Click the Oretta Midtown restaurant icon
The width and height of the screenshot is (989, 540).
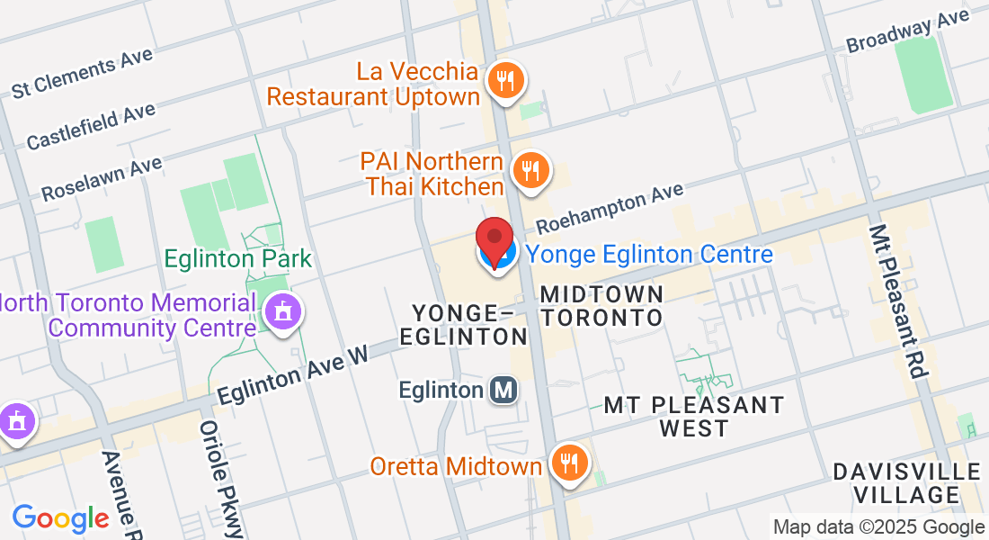tap(568, 463)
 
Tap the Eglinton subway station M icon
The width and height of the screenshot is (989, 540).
tap(504, 390)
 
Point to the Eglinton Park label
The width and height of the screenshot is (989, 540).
tap(237, 259)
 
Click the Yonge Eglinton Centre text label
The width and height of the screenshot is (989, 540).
tap(649, 255)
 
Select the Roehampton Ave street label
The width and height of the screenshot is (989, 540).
tap(610, 209)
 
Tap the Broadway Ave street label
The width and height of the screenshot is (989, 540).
tap(906, 32)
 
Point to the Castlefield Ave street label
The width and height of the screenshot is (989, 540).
tap(91, 126)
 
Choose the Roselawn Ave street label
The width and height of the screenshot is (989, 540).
tap(101, 178)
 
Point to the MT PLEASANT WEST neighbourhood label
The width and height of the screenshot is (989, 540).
tap(693, 417)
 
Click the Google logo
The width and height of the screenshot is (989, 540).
tap(60, 518)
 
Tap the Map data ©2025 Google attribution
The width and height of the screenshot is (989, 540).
tap(878, 527)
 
